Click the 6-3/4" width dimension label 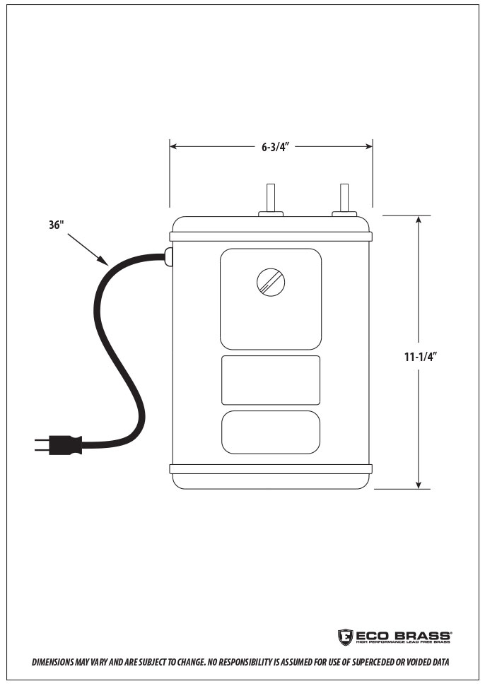coord(272,147)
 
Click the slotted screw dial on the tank coord(271,283)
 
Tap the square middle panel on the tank coord(271,380)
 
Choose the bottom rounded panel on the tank coord(271,432)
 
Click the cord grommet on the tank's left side coord(168,257)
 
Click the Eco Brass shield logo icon coord(345,637)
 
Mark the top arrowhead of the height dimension coord(419,220)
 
